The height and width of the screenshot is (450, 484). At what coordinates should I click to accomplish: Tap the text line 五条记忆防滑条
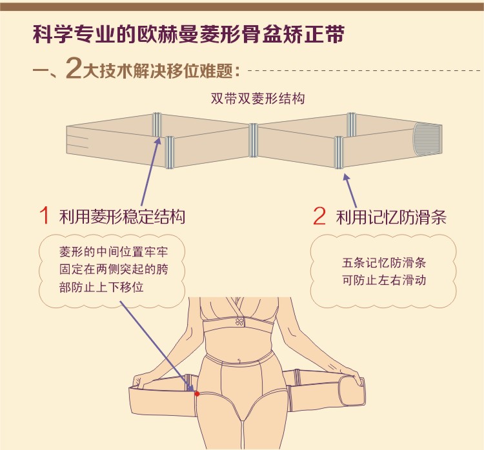point(385,264)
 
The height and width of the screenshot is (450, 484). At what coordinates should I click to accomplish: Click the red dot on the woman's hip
point(197,393)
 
